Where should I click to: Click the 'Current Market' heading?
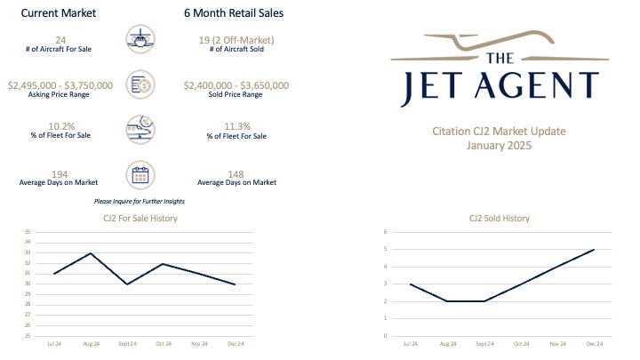point(60,13)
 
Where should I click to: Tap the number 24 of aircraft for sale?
point(60,40)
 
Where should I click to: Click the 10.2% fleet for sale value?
point(60,126)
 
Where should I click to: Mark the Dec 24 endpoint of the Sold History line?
point(594,250)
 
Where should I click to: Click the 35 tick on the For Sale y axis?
point(28,232)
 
